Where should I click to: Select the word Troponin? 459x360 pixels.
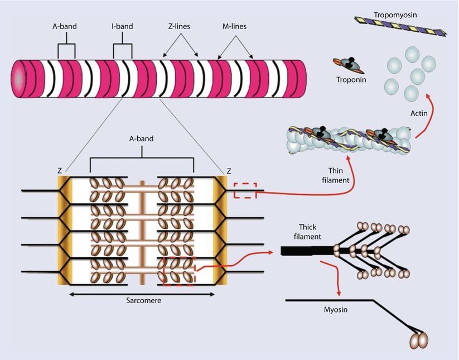point(350,80)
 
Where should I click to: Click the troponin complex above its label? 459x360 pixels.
point(347,65)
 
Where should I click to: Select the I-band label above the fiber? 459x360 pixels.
point(123,26)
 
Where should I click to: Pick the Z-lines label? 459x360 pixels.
point(180,26)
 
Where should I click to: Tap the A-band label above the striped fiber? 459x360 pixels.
point(66,26)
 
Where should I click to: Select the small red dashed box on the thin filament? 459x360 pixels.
point(245,191)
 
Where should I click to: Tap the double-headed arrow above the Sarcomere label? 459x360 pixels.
point(142,293)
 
